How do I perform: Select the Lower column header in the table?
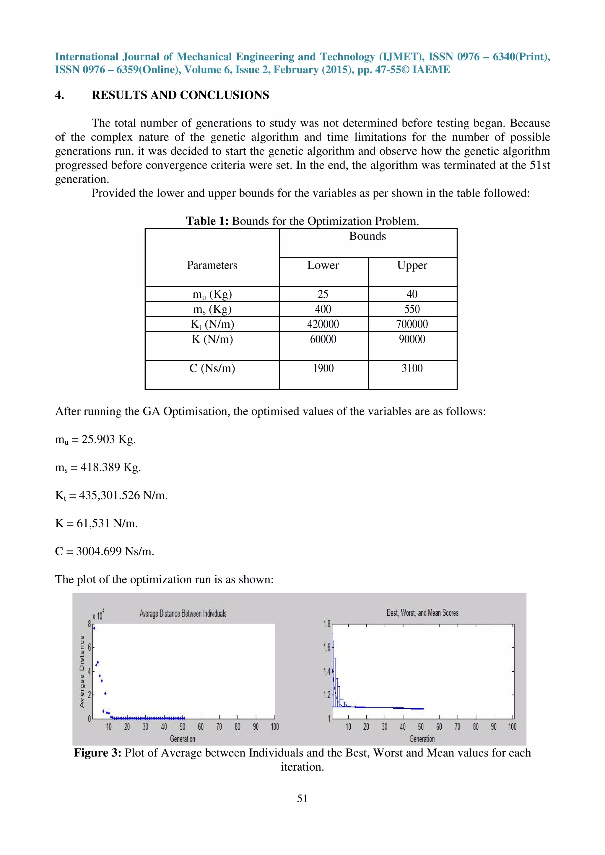pyautogui.click(x=323, y=266)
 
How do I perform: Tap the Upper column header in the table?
pyautogui.click(x=412, y=266)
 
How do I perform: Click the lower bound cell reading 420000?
pyautogui.click(x=323, y=324)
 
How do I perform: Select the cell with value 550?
pyautogui.click(x=412, y=309)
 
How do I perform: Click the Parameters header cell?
pyautogui.click(x=212, y=266)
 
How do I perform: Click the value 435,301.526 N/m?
pyautogui.click(x=123, y=496)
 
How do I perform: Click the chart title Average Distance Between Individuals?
pyautogui.click(x=183, y=614)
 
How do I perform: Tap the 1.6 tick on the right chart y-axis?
pyautogui.click(x=326, y=648)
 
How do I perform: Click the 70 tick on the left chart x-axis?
pyautogui.click(x=219, y=727)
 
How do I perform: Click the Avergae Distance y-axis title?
pyautogui.click(x=82, y=671)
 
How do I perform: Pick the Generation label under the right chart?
pyautogui.click(x=422, y=739)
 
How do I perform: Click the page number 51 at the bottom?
pyautogui.click(x=302, y=798)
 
